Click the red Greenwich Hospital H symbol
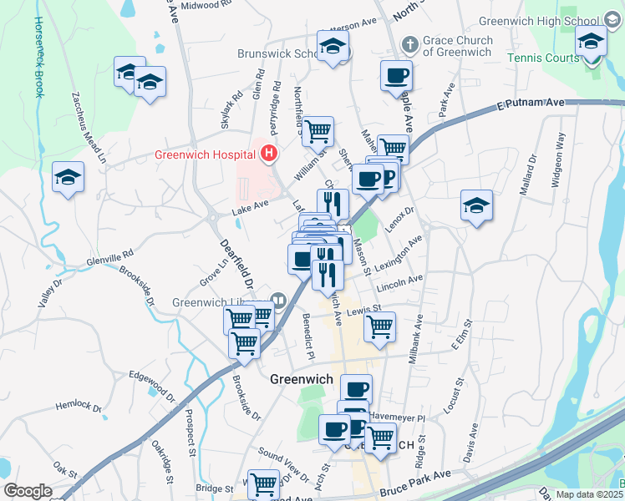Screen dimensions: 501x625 tap(269, 154)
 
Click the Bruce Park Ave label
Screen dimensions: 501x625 tap(414, 473)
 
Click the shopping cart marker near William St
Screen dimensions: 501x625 tap(318, 130)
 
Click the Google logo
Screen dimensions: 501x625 tap(28, 491)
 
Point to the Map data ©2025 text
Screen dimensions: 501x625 tap(589, 494)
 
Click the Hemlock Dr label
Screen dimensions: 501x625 tap(79, 407)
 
